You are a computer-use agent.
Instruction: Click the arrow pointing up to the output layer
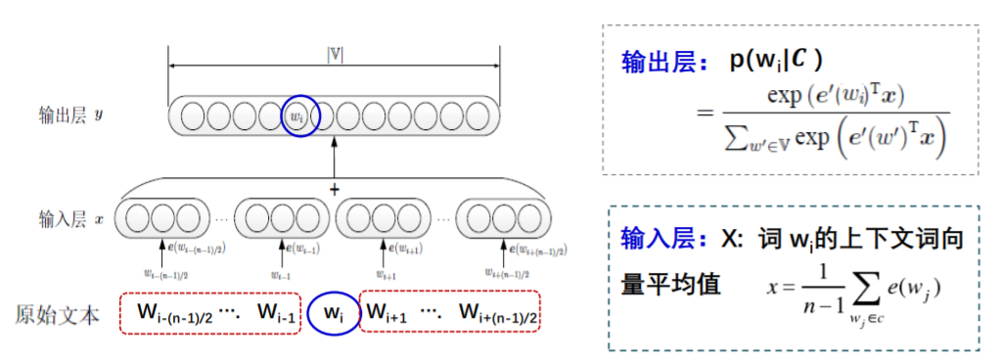[335, 157]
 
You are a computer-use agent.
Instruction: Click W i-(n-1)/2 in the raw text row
[175, 313]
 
